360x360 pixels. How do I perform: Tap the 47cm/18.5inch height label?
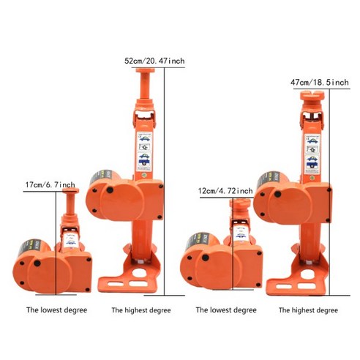(x=320, y=83)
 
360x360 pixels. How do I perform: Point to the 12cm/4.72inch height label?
(x=225, y=191)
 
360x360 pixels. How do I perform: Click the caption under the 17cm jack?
(x=56, y=310)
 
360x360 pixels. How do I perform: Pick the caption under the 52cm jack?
(x=140, y=310)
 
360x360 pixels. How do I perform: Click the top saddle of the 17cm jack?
(x=71, y=192)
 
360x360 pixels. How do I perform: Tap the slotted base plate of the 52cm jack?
(x=128, y=281)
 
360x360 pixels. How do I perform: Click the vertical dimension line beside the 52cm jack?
(x=165, y=183)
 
